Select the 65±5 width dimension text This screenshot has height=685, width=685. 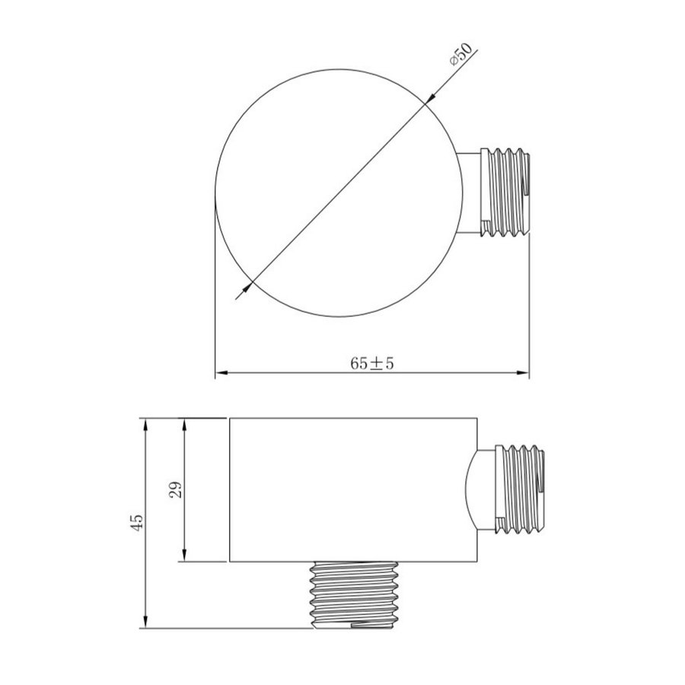tap(372, 363)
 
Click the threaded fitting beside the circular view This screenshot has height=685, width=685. tap(507, 195)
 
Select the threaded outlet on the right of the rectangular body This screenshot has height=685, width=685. tap(521, 486)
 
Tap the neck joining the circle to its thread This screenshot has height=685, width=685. tap(471, 193)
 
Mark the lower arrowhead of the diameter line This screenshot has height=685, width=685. tap(248, 287)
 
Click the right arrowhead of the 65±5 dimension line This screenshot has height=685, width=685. tap(524, 373)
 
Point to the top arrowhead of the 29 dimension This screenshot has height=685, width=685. tap(183, 423)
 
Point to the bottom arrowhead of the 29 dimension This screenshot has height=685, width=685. tap(183, 558)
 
